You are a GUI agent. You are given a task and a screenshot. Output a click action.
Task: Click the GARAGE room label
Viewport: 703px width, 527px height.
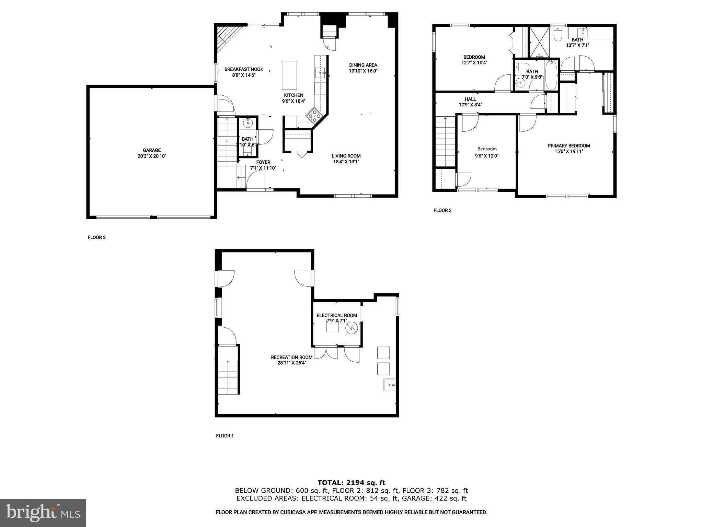152,150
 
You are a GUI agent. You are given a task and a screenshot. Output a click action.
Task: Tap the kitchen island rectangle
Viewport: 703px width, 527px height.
289,75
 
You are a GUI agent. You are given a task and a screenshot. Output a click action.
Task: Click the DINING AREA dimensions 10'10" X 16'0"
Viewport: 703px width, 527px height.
363,71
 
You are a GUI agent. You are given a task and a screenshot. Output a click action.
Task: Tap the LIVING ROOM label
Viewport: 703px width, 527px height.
346,156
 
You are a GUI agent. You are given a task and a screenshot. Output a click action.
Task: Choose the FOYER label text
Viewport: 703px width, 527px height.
263,162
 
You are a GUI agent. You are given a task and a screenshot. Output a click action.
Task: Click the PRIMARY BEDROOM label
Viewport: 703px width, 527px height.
569,146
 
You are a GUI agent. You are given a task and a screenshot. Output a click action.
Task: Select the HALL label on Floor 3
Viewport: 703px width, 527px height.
470,99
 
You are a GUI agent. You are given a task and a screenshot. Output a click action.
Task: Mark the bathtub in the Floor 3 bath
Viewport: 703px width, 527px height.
552,74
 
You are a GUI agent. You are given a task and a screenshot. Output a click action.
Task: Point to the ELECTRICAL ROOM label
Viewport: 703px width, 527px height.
337,315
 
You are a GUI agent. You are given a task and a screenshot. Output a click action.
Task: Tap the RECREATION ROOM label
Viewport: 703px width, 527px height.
292,357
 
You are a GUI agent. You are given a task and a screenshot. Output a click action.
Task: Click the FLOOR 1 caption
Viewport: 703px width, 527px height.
225,436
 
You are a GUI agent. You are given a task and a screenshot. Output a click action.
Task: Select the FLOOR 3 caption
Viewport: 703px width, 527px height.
442,210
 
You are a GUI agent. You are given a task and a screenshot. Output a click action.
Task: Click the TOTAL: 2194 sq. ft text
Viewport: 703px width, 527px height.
351,483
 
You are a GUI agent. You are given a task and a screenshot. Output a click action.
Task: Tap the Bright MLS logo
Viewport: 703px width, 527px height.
43,513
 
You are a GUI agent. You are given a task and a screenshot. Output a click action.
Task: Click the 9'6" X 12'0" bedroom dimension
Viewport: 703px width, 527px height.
487,156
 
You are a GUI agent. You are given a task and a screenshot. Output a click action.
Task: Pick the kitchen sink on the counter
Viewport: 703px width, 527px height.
320,73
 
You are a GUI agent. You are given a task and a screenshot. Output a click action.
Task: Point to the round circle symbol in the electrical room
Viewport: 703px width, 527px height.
351,328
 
